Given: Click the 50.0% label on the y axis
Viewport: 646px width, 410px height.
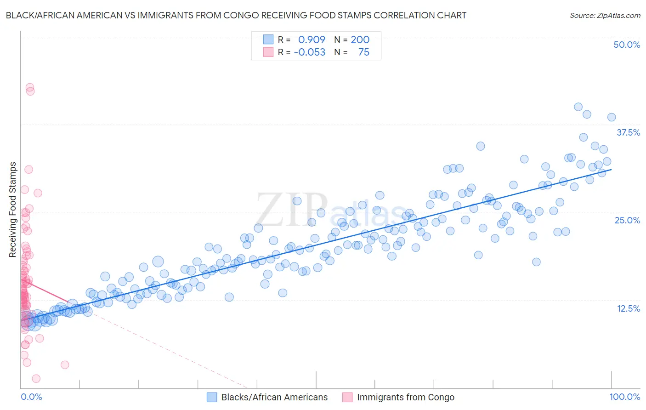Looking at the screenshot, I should coord(627,45).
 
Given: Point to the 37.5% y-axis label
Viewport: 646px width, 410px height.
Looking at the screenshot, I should coord(628,132).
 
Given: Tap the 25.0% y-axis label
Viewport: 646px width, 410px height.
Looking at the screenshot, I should coord(627,220).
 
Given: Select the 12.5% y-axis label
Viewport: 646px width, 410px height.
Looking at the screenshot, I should coord(628,308).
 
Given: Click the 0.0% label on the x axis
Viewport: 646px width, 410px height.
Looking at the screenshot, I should coord(31,397).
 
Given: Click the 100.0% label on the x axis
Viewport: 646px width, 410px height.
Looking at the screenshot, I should coord(624,397).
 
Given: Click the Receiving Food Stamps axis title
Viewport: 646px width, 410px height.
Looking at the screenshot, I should coord(13,210).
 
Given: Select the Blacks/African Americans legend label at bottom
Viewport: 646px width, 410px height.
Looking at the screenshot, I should coord(274,397).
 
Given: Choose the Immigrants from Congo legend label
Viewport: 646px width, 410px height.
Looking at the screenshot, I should coord(405,397).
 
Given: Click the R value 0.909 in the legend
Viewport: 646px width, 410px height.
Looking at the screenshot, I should coord(312,40).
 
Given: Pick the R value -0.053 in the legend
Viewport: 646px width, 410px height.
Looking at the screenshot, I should coord(309,52).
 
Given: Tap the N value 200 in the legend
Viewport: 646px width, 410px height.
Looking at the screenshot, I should coord(360,40).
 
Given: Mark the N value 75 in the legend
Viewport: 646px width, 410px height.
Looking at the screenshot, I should coord(363,52).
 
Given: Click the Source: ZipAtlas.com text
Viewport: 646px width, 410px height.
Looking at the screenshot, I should coord(605,16).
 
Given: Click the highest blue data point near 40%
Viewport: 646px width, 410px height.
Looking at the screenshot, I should coord(578,107).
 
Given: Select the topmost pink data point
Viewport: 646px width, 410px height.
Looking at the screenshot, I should coord(30,87).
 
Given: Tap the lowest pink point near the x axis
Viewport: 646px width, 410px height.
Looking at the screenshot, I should coord(36,379).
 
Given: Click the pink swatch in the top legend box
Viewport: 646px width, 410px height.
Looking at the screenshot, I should coord(268,52).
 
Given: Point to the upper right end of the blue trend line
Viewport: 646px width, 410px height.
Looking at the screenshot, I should coord(611,170).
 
